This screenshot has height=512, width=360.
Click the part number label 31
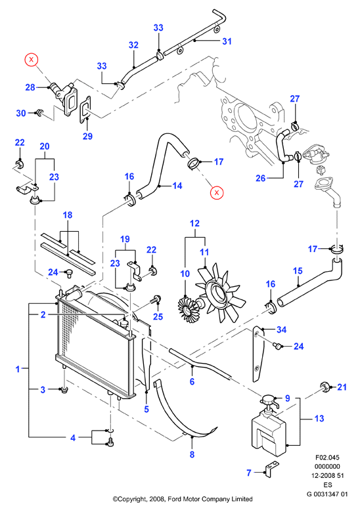tap(227, 41)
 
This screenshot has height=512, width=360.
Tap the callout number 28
tap(30, 87)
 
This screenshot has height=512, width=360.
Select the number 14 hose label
tap(177, 186)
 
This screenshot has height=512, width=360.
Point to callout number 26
tap(260, 179)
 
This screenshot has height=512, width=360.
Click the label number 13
tap(319, 418)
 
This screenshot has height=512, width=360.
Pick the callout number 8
tap(192, 454)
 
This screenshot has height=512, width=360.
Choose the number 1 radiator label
tap(18, 370)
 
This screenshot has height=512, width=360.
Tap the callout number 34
tap(281, 330)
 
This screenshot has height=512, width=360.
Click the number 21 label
tap(342, 387)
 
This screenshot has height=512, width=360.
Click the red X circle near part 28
tap(32, 60)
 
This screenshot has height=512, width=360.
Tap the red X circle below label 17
tap(217, 192)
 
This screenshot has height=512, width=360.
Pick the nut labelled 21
tap(325, 387)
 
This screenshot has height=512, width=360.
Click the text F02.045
tap(327, 458)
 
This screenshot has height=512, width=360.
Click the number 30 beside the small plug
tap(21, 113)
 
